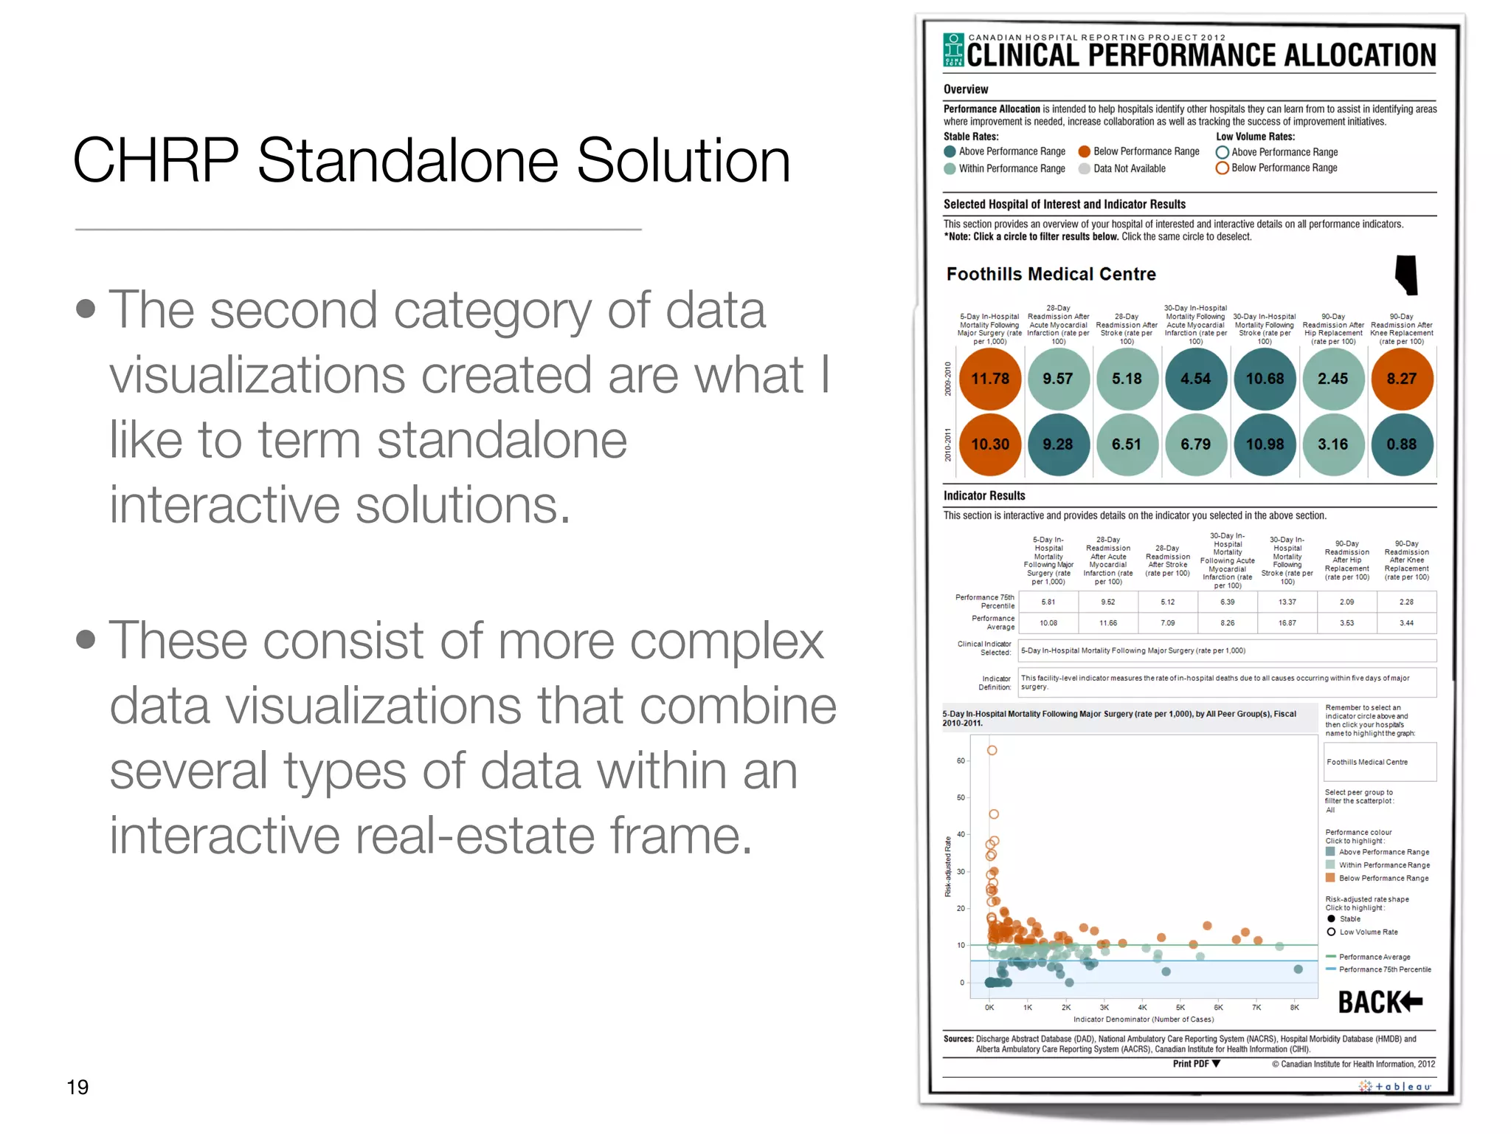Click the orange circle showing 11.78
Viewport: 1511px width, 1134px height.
pyautogui.click(x=989, y=379)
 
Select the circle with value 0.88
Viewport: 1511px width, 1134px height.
pyautogui.click(x=1401, y=444)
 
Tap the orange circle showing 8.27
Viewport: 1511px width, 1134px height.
pyautogui.click(x=1401, y=379)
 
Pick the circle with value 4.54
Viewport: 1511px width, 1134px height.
pyautogui.click(x=1195, y=379)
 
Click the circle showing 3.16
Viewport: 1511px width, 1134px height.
pyautogui.click(x=1332, y=444)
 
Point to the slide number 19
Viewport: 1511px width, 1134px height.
pyautogui.click(x=77, y=1087)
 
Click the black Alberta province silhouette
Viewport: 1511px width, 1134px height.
pyautogui.click(x=1406, y=275)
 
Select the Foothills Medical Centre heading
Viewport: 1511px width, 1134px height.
pyautogui.click(x=1051, y=275)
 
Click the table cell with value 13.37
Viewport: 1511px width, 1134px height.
pyautogui.click(x=1287, y=602)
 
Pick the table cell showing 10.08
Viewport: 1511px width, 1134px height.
pyautogui.click(x=1048, y=623)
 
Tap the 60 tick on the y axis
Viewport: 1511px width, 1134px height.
pyautogui.click(x=961, y=760)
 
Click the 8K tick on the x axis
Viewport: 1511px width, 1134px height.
pyautogui.click(x=1294, y=1007)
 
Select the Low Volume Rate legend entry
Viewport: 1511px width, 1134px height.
pyautogui.click(x=1368, y=932)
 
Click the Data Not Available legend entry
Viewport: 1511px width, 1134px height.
pyautogui.click(x=1129, y=169)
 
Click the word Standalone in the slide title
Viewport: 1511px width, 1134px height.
pyautogui.click(x=408, y=160)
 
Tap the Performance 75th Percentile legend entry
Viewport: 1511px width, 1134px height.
pyautogui.click(x=1384, y=969)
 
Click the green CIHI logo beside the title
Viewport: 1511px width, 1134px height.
pyautogui.click(x=953, y=50)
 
